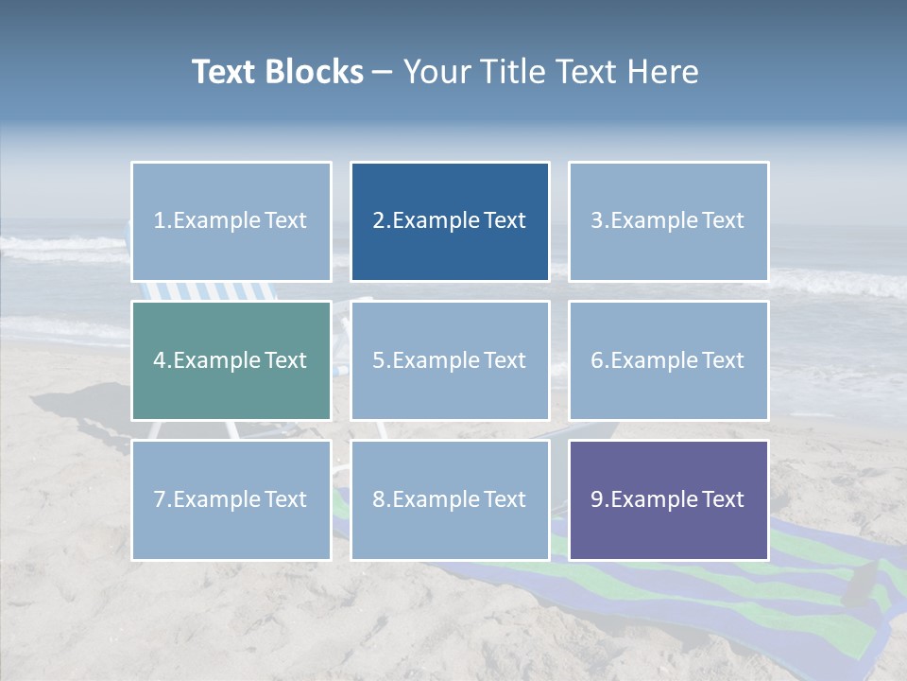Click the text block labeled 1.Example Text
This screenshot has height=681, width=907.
231,221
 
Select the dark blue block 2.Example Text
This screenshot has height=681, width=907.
450,221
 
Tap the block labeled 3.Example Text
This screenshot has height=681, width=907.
668,221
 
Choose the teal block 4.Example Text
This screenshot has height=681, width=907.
231,360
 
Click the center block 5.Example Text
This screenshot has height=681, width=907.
450,360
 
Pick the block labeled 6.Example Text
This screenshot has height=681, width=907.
668,360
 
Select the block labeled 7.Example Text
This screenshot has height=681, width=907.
231,499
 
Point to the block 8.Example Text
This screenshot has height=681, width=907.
450,499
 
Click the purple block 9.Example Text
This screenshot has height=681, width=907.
668,499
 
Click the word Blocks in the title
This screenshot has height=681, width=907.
314,72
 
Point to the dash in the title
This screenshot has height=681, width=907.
383,72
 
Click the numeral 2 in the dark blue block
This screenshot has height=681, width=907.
378,220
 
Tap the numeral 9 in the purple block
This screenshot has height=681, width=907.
597,499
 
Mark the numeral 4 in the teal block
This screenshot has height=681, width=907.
160,360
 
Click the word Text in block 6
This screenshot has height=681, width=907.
723,360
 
